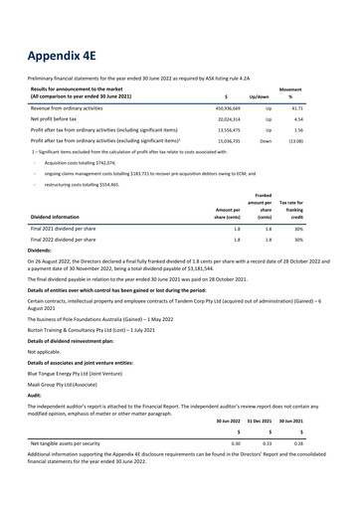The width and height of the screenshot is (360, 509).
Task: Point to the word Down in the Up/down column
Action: (266, 142)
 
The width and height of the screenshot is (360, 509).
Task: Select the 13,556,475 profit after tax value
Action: (222, 129)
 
